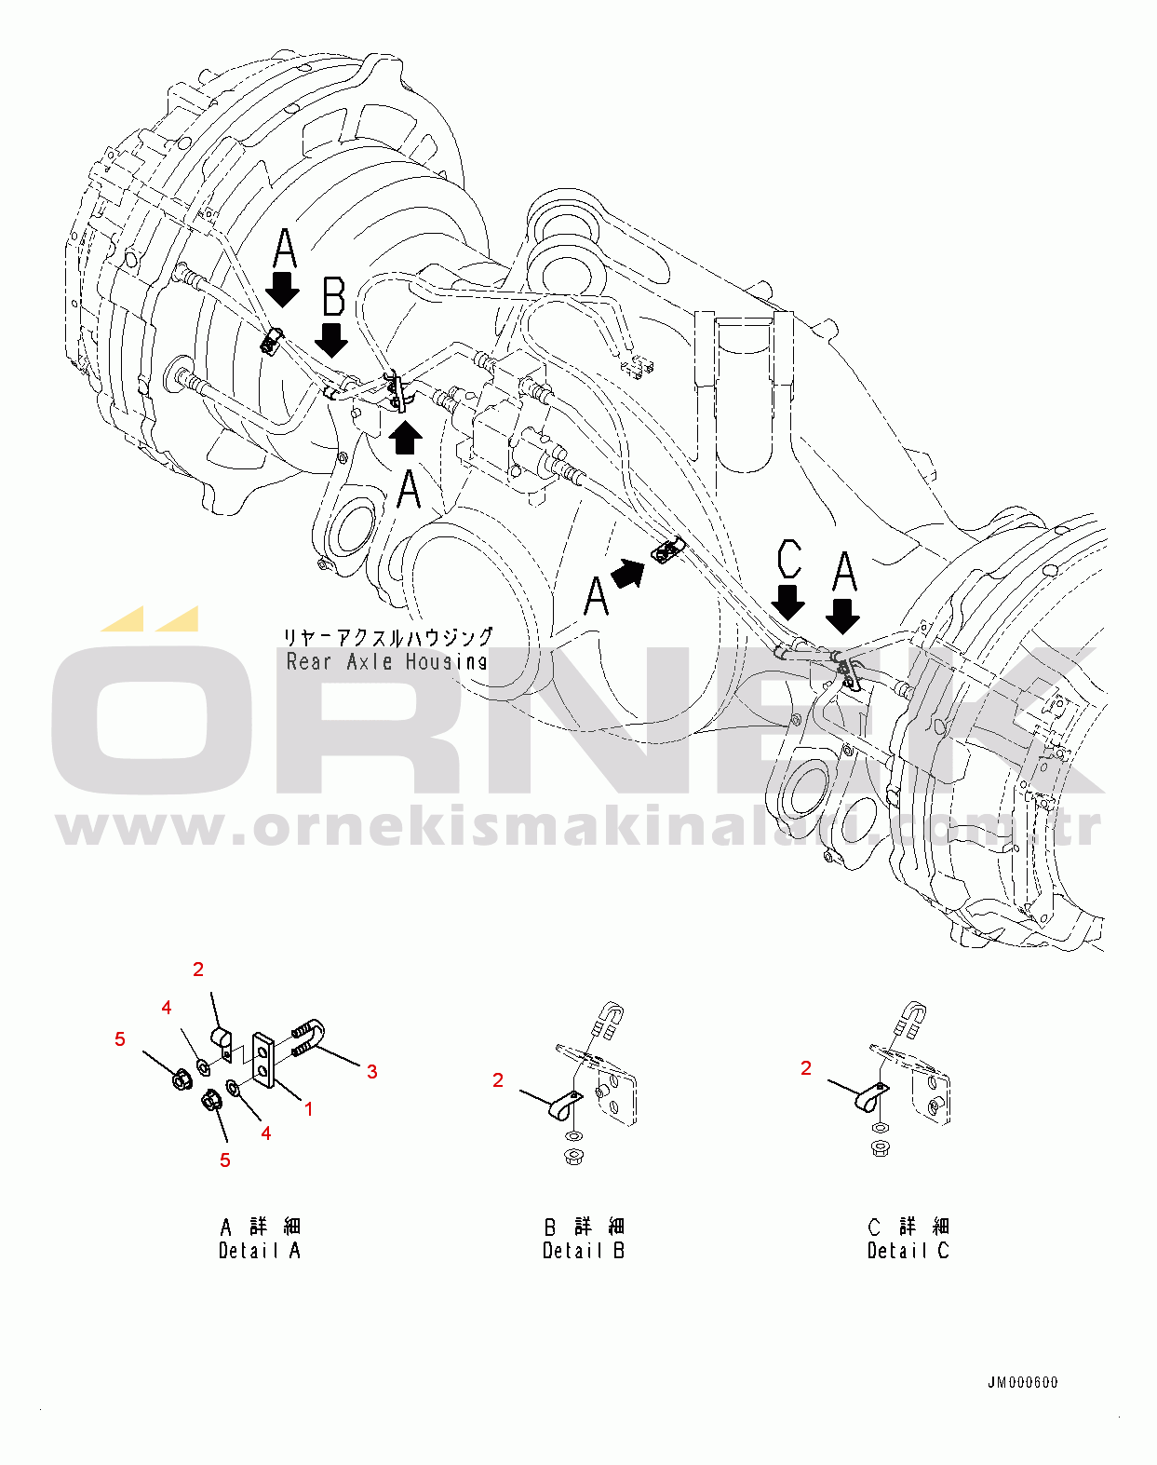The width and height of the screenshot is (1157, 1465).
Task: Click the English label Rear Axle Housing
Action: (386, 661)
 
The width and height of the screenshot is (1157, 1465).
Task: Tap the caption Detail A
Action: (260, 1251)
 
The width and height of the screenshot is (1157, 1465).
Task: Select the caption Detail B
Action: (584, 1251)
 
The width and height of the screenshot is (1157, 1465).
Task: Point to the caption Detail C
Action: (908, 1251)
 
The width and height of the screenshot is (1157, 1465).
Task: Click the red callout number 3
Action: (371, 1072)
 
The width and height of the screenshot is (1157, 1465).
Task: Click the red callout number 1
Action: (308, 1109)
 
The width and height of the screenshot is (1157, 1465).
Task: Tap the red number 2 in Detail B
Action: (498, 1079)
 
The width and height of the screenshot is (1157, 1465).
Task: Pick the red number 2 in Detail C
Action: (806, 1068)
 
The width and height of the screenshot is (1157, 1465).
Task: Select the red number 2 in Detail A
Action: (198, 969)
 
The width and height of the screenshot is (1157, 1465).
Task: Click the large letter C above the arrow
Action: (788, 559)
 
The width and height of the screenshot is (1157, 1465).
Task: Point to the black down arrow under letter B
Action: (331, 339)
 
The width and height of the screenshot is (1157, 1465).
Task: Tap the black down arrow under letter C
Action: (788, 602)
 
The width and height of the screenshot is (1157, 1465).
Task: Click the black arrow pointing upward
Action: (405, 437)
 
